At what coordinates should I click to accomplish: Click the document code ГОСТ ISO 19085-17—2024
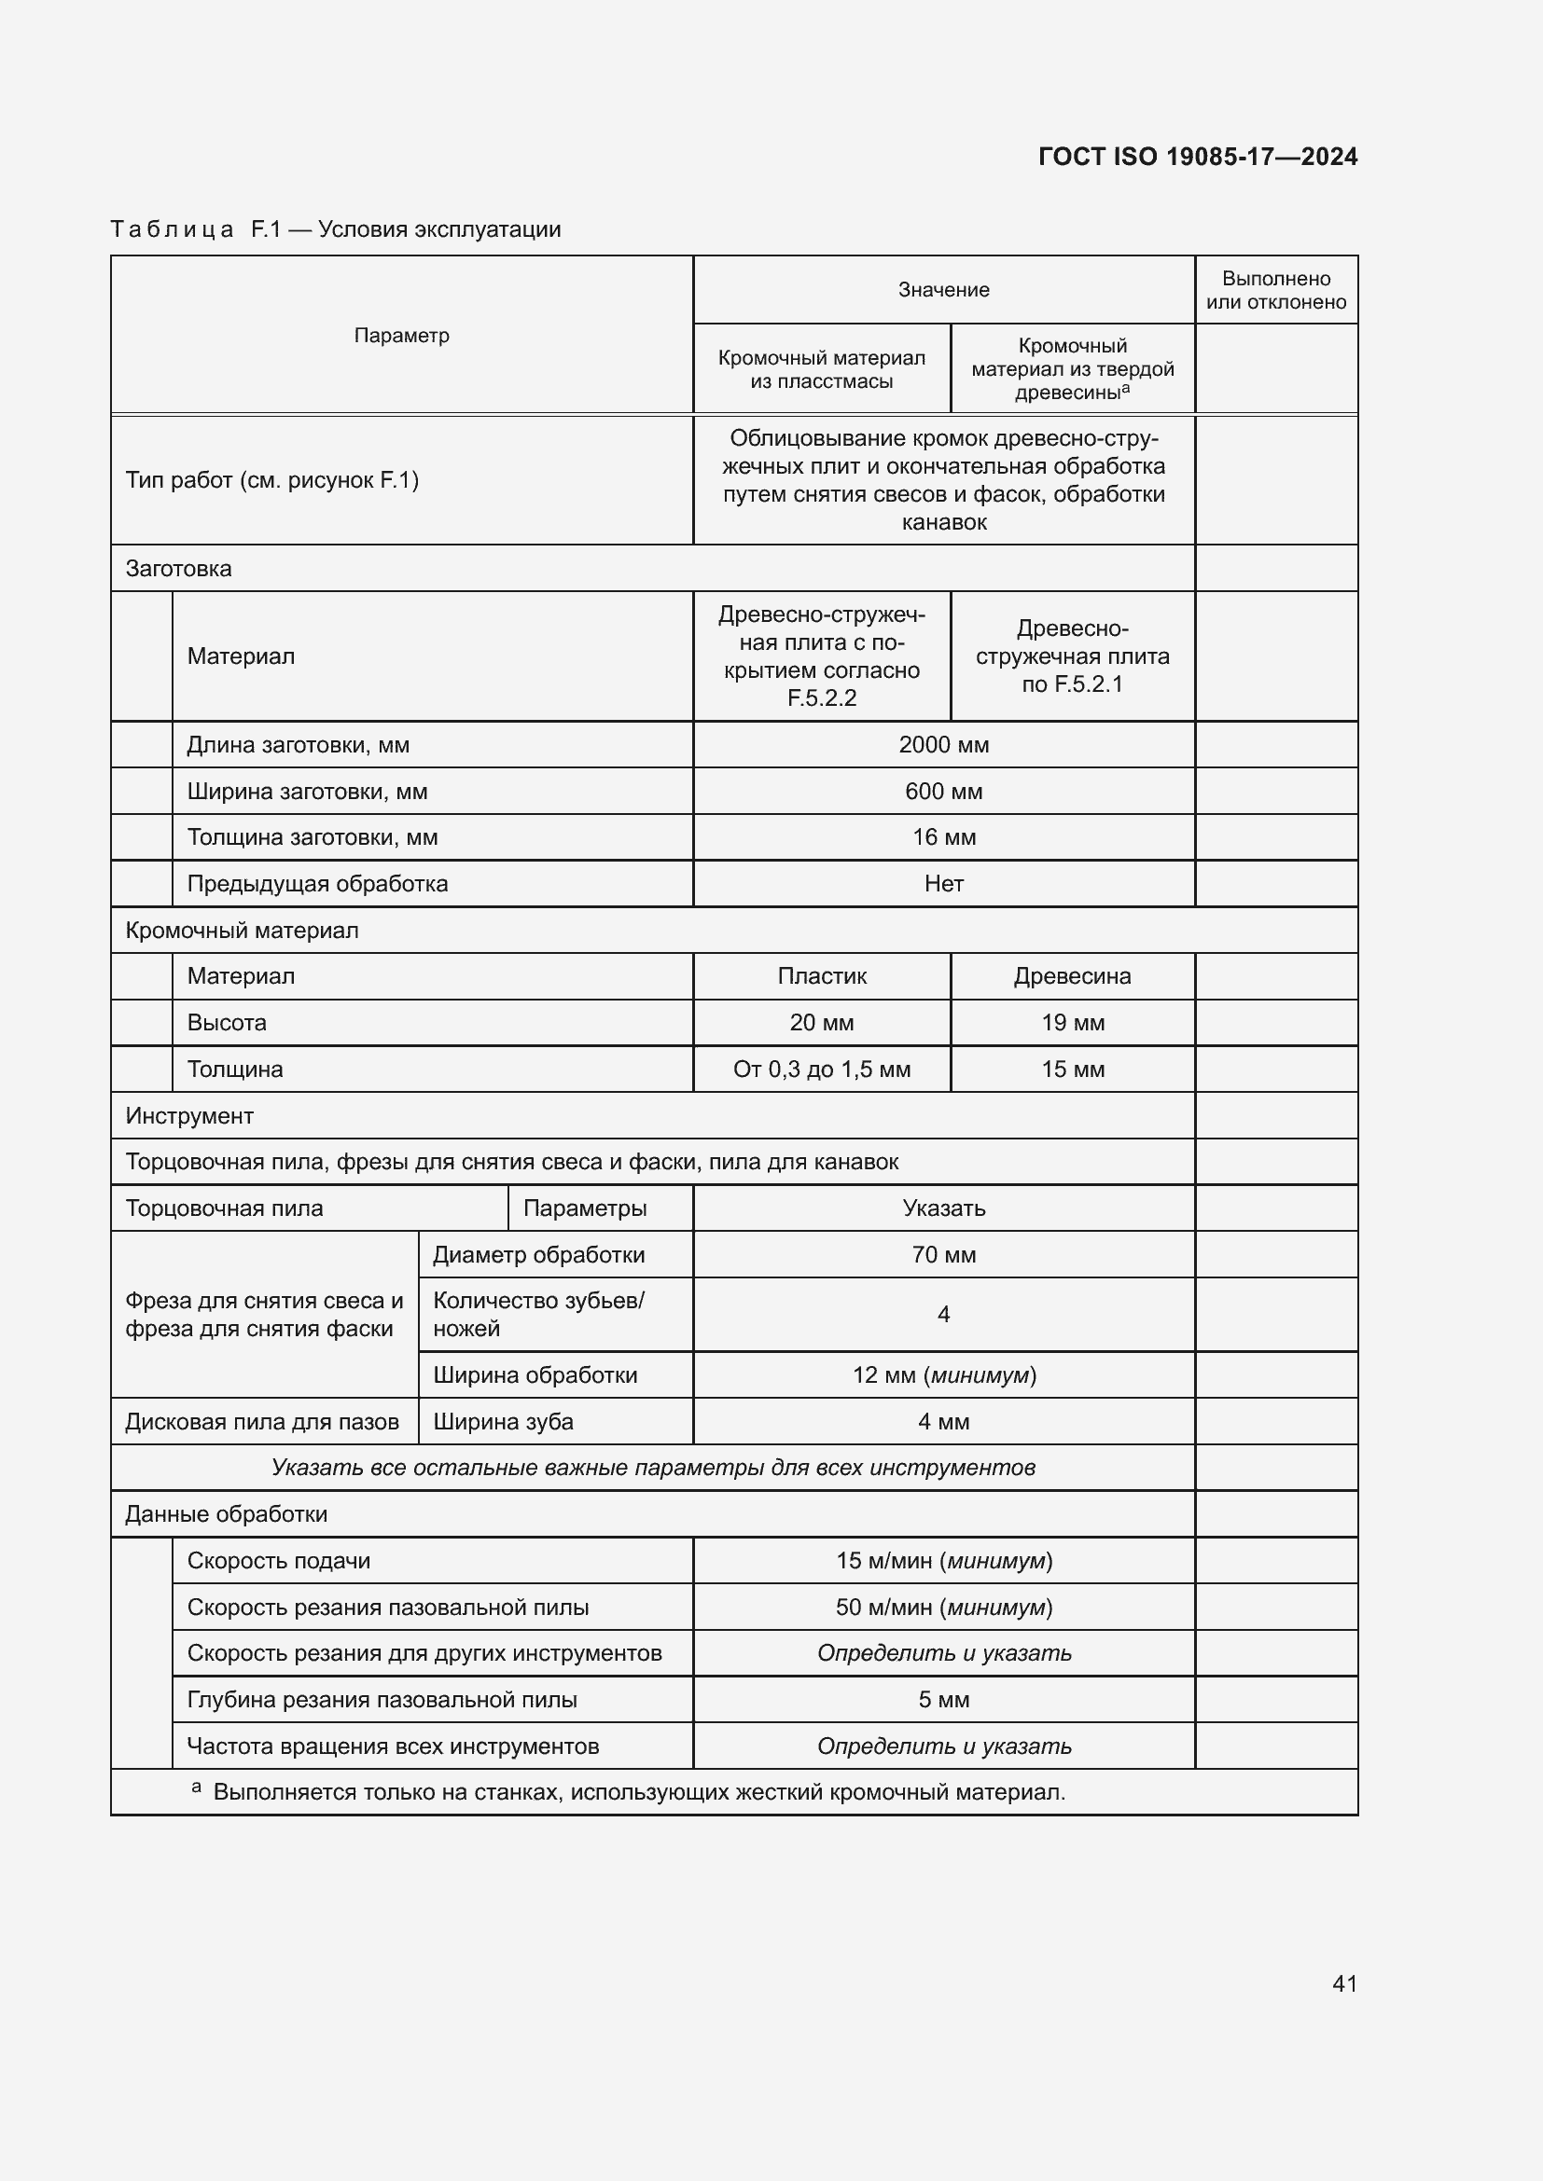point(1197,157)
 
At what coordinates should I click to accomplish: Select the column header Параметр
point(401,336)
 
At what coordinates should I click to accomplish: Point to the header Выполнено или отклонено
point(1276,290)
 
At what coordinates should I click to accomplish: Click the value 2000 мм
point(943,745)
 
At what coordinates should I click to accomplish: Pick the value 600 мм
point(943,792)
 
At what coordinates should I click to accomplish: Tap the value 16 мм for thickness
point(943,836)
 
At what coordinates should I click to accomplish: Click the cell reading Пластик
point(822,975)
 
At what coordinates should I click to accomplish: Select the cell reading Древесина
point(1072,975)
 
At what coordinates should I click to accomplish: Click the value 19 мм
point(1072,1022)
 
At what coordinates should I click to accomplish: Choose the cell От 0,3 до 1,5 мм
point(822,1069)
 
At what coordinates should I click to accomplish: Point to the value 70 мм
point(943,1255)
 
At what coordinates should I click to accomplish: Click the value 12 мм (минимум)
point(943,1374)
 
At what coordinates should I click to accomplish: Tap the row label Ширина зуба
point(504,1421)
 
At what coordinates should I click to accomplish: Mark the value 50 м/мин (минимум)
point(943,1608)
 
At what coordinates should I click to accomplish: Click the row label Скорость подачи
point(278,1561)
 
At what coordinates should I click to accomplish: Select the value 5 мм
point(943,1700)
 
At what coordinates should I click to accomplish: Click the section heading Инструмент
point(189,1115)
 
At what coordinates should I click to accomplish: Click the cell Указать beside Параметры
point(943,1208)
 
